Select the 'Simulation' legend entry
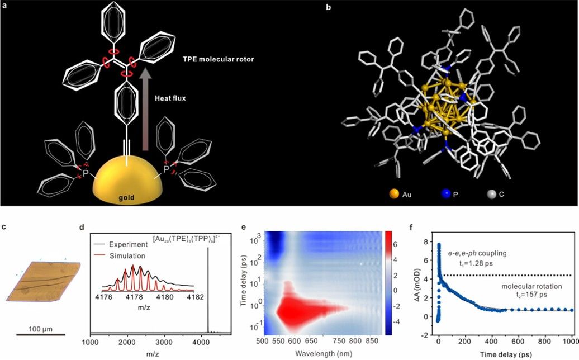[126, 255]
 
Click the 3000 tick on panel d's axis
[163, 340]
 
